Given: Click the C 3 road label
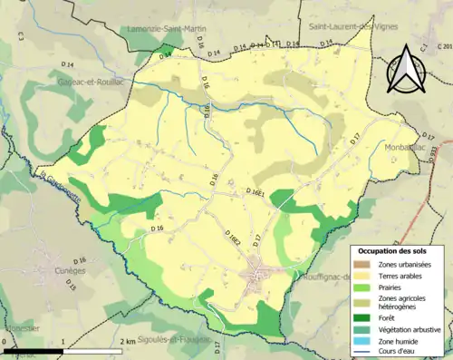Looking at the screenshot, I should tap(19, 35).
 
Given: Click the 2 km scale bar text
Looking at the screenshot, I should tap(128, 341).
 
